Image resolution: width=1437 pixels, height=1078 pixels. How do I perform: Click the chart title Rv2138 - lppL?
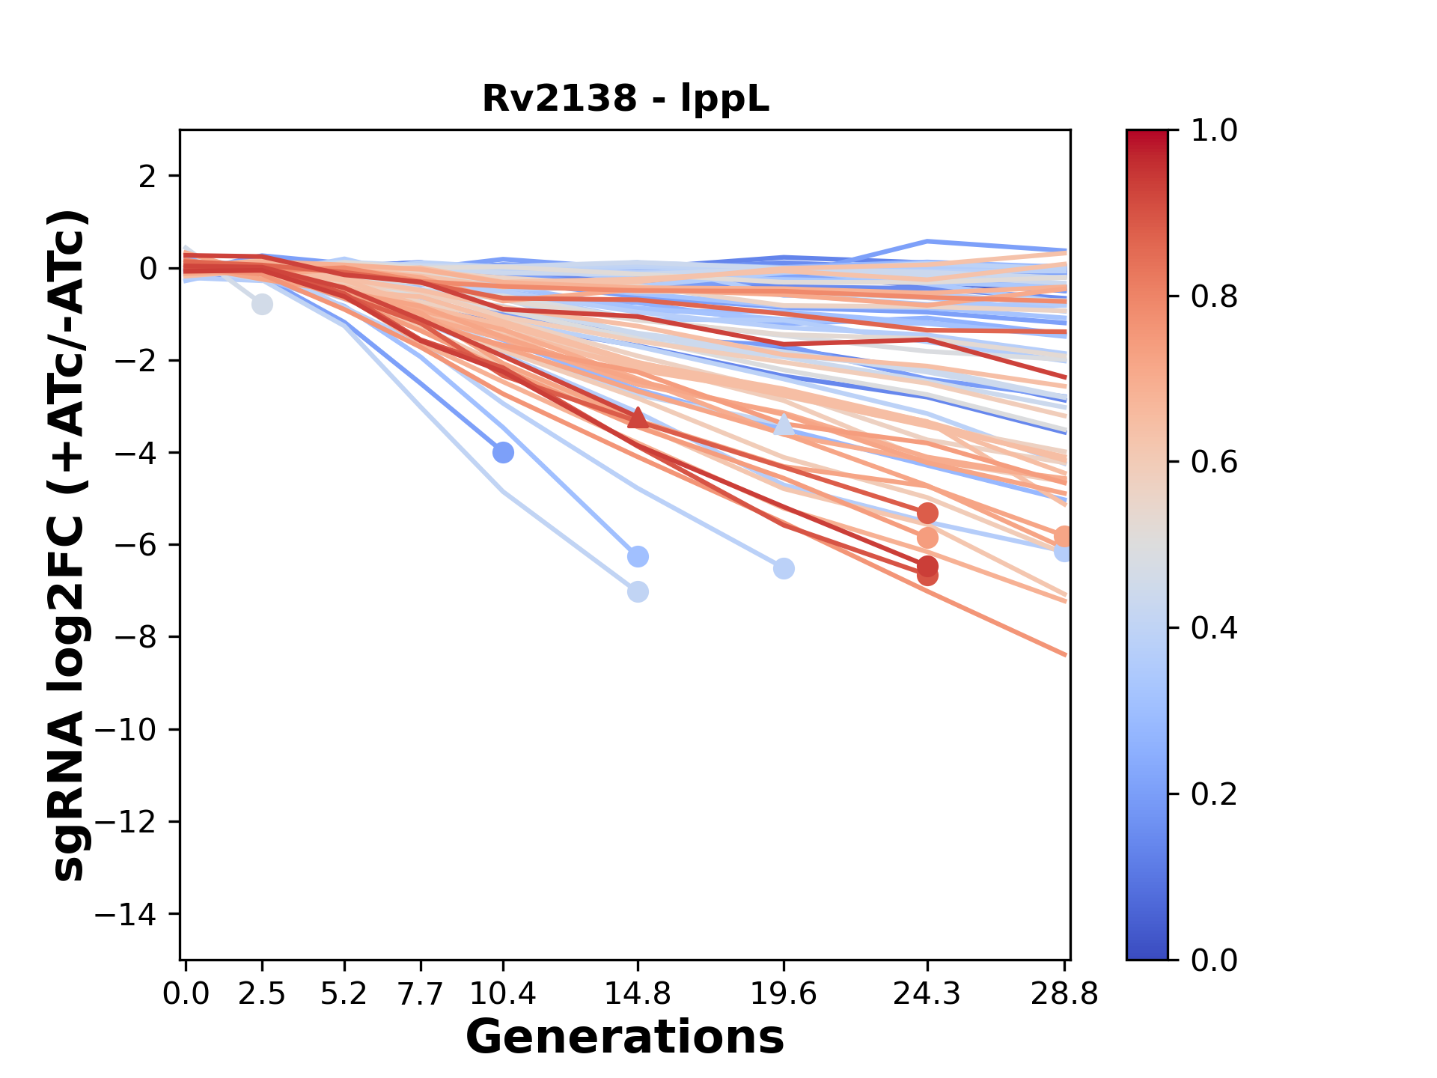click(625, 99)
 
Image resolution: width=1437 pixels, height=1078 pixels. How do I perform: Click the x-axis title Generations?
click(625, 1038)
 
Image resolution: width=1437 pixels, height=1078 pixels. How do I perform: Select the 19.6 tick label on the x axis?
click(784, 994)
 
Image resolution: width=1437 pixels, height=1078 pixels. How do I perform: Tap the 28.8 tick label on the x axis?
click(1064, 994)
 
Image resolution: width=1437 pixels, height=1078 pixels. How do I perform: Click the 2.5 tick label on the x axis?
click(262, 994)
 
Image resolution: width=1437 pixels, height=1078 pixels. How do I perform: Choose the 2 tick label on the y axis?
click(147, 176)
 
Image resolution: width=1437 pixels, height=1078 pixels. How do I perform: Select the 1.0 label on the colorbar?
click(1214, 131)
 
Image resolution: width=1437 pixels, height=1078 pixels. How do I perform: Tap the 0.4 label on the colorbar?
click(1214, 628)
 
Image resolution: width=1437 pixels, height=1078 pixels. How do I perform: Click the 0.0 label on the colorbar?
click(1214, 960)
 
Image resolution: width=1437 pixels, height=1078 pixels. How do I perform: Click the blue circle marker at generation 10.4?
click(503, 452)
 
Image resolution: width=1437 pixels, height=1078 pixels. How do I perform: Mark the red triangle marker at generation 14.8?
click(638, 418)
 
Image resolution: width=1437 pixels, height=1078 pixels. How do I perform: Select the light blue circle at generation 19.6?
click(784, 569)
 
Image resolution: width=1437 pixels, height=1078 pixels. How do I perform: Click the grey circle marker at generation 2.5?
click(262, 305)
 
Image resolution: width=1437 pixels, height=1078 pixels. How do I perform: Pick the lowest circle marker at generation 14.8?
click(638, 592)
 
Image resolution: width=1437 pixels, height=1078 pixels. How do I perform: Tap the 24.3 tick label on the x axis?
click(927, 994)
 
